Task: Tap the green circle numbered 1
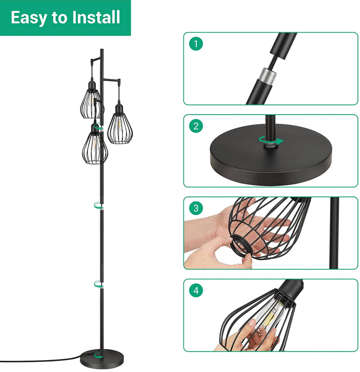tap(196, 44)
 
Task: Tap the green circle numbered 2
tap(196, 126)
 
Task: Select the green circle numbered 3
tap(196, 208)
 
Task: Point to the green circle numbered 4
tap(196, 290)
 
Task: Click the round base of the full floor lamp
tap(102, 359)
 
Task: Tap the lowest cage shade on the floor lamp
tap(95, 146)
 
